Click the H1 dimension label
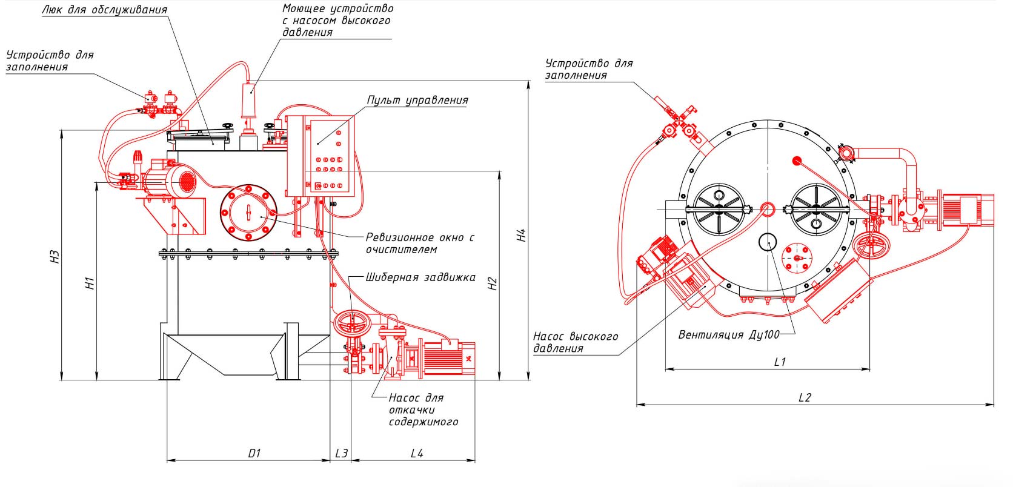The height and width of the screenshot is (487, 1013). coord(90,283)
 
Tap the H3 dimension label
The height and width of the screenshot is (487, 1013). coord(55,257)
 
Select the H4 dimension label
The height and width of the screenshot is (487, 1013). coord(522,235)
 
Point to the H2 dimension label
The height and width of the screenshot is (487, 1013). coord(493,283)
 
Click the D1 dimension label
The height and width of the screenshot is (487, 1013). coord(254,453)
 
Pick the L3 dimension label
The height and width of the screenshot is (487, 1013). coord(342,453)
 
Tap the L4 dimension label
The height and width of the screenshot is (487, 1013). coord(416,453)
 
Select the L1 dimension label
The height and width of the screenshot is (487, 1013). coord(780,362)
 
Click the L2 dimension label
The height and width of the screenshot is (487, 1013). coord(805,397)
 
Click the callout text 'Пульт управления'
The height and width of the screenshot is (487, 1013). coord(417,100)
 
